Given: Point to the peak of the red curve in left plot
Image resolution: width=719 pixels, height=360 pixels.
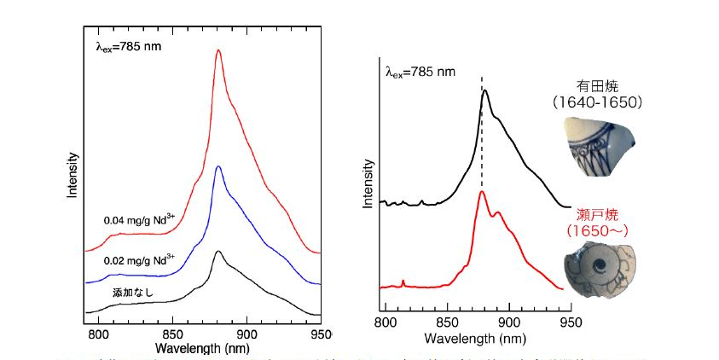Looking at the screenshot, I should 218,50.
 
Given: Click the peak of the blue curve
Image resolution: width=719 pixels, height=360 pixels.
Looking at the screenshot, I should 219,166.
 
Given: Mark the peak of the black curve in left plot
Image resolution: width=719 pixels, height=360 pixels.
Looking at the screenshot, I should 219,252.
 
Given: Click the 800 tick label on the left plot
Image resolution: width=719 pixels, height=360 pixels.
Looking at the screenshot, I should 100,335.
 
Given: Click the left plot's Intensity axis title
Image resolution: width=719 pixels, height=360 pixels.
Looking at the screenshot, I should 73,175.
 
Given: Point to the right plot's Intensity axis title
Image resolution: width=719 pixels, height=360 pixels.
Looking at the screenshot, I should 368,184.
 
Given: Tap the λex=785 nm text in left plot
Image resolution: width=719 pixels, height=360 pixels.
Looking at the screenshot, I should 128,47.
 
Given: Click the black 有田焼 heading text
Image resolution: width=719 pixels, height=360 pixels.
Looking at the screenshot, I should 598,87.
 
